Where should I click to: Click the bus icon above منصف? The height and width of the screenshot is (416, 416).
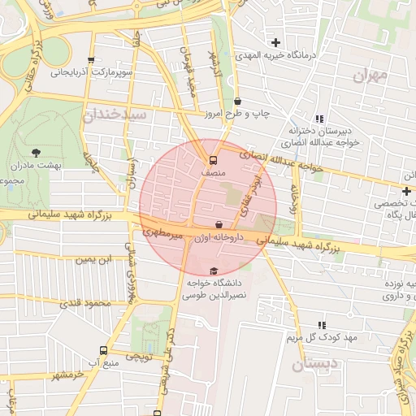(213, 160)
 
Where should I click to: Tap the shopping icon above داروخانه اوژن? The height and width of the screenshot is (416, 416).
(219, 223)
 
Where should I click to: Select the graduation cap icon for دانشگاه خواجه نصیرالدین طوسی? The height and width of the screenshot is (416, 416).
(214, 271)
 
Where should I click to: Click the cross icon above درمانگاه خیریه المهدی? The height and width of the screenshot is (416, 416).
(275, 42)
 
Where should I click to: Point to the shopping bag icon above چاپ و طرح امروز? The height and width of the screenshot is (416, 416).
(237, 102)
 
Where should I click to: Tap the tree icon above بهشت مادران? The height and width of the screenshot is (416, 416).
(36, 152)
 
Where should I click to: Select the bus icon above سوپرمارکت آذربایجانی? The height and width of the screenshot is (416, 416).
(91, 60)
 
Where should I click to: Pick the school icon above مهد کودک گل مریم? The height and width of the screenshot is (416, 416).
(322, 324)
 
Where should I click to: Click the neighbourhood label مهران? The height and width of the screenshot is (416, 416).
(371, 76)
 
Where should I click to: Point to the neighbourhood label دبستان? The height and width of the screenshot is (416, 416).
(311, 365)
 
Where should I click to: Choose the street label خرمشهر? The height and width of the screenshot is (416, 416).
(68, 375)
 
